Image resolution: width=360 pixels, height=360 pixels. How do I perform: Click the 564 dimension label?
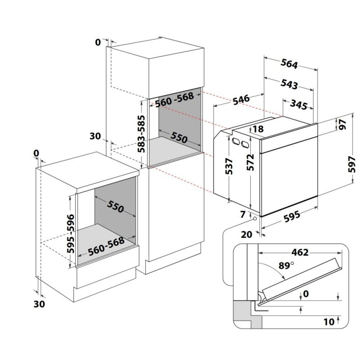tap(289, 63)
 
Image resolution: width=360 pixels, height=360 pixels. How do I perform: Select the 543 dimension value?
tap(289, 84)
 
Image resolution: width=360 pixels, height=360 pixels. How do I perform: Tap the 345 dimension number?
tap(298, 105)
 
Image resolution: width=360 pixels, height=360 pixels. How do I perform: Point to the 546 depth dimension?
tap(241, 99)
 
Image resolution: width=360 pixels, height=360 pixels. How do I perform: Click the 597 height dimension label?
tap(351, 164)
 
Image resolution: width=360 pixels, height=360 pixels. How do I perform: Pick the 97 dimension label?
tap(342, 124)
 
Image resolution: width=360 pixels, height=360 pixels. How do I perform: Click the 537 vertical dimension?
tap(229, 166)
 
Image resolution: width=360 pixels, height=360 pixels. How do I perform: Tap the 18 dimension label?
tap(258, 129)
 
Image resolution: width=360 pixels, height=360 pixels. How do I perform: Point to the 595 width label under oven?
tap(292, 216)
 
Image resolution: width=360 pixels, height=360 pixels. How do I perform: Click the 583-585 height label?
tap(141, 134)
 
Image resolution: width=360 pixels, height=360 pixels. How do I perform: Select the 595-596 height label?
tap(71, 234)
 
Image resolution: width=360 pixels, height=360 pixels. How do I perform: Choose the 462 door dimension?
tap(300, 252)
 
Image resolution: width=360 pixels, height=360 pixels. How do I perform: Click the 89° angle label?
tap(286, 265)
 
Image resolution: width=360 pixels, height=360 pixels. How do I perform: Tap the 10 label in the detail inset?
tap(329, 322)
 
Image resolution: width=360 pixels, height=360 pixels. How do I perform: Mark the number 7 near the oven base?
tap(243, 215)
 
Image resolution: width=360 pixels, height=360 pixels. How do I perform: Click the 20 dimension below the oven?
tap(247, 234)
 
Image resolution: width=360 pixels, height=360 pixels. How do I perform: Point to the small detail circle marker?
tap(255, 218)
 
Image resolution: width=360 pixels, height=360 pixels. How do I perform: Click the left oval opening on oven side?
tap(236, 141)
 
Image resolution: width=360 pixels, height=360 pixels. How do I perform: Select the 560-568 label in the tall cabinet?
tap(175, 99)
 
